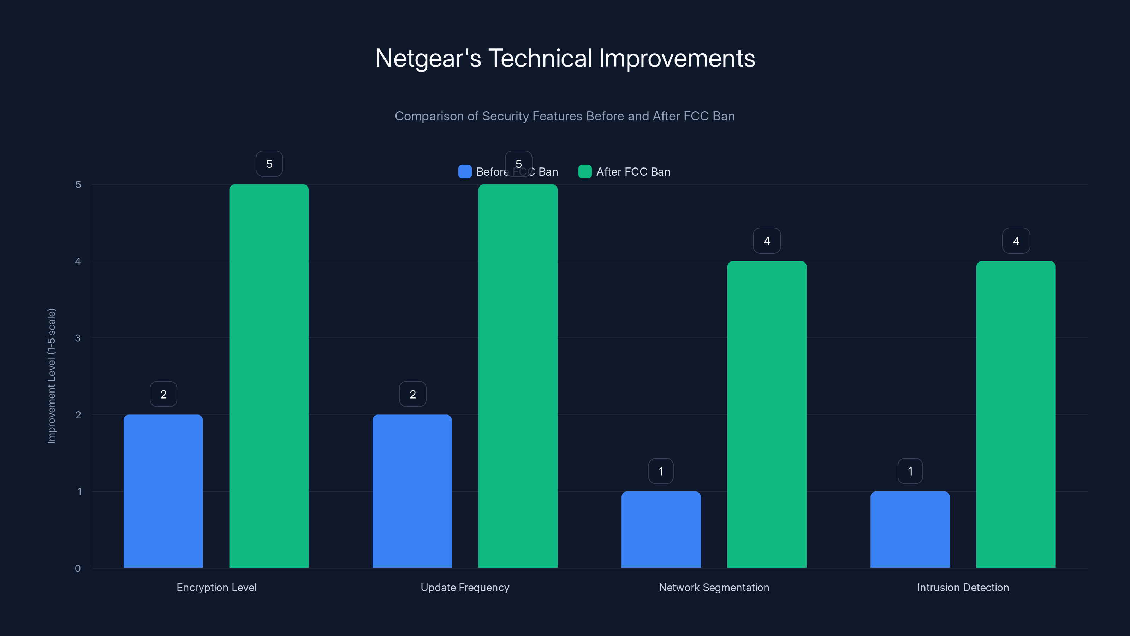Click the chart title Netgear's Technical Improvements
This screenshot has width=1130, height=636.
(x=565, y=58)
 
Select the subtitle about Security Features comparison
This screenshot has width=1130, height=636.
(x=565, y=116)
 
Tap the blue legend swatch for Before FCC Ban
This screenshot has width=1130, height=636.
(x=465, y=172)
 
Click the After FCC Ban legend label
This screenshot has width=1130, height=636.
(x=633, y=172)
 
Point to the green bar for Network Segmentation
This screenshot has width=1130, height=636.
(x=767, y=414)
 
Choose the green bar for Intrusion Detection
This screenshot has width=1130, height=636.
(x=1016, y=414)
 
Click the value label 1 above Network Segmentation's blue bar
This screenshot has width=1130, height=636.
(x=661, y=471)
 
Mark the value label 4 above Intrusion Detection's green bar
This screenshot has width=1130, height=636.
(x=1016, y=241)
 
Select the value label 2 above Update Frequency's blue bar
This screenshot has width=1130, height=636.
(x=412, y=394)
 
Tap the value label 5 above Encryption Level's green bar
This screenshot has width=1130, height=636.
(x=269, y=164)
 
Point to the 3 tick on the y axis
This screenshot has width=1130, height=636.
(x=78, y=338)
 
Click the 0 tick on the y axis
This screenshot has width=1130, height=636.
(x=78, y=569)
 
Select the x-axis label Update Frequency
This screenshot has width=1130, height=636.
(x=465, y=587)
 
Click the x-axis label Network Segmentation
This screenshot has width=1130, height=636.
(x=714, y=587)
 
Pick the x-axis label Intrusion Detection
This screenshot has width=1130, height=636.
(x=963, y=587)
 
